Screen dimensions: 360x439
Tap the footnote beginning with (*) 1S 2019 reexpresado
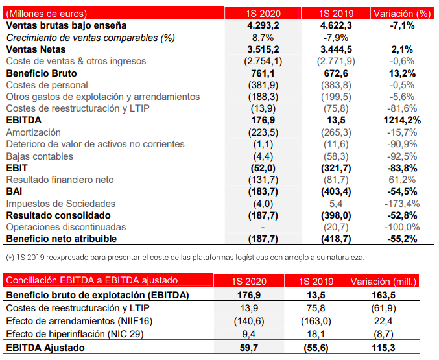(185, 257)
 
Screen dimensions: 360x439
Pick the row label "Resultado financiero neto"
(60, 180)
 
